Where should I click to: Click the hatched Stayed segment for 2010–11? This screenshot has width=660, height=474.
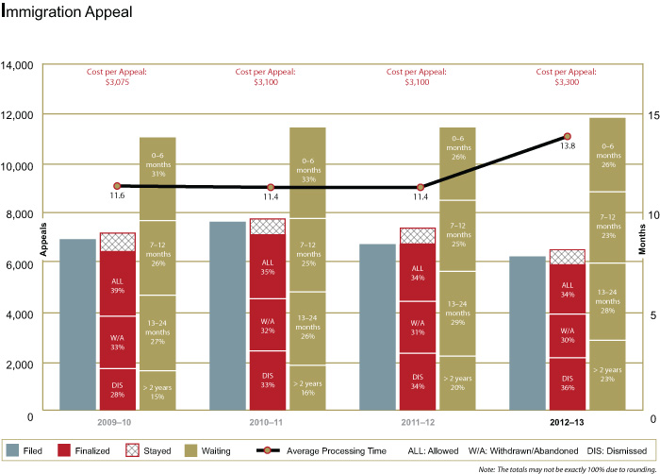coord(268,226)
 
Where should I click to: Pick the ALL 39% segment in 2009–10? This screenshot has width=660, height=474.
coord(118,284)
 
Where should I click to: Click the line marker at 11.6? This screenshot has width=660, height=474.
coord(117,186)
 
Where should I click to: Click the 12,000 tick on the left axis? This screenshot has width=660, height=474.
coord(20,115)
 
